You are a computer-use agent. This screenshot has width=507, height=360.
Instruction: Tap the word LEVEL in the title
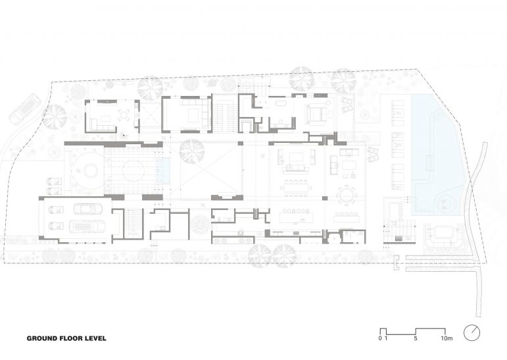point(93,339)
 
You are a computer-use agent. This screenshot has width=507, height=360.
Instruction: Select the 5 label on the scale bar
point(416,339)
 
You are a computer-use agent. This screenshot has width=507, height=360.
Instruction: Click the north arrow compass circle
point(471,332)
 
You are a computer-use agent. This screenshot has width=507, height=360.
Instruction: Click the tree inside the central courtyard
point(191,151)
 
